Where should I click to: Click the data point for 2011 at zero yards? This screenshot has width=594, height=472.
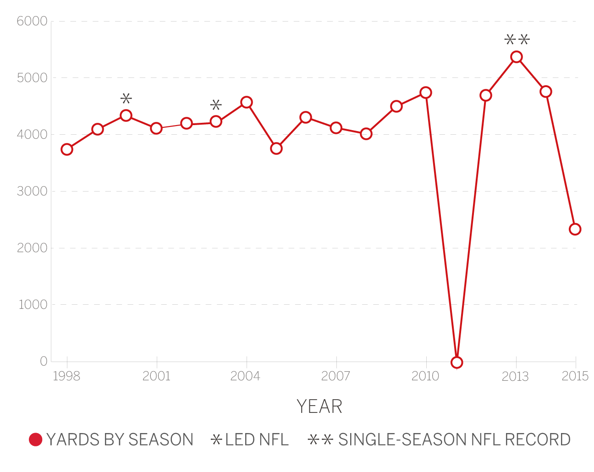point(456,362)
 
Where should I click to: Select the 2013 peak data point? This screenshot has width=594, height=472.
point(517,57)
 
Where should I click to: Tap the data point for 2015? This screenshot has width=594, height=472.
point(575,229)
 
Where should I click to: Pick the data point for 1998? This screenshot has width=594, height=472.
point(67,149)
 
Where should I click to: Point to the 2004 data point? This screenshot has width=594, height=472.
point(247,102)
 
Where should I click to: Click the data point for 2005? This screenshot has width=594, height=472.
point(276,148)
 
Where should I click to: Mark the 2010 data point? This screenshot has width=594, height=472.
point(426,93)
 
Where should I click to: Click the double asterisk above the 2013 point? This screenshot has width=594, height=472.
point(517,40)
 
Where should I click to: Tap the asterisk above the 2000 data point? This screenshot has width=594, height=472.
point(126,99)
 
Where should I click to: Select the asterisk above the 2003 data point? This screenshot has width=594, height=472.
point(216,105)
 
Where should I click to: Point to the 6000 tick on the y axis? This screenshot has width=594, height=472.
point(32,22)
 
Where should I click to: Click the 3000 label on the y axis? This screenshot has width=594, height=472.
point(32,192)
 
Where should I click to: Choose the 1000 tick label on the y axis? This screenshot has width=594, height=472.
point(33,305)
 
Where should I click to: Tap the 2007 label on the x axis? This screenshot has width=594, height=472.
point(336,377)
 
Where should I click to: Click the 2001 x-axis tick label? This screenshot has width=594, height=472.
point(156,377)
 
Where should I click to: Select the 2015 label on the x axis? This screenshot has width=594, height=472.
point(575,377)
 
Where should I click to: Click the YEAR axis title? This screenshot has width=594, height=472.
point(319,406)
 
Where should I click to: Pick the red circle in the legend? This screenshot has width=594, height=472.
point(36,439)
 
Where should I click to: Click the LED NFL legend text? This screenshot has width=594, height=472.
point(257,439)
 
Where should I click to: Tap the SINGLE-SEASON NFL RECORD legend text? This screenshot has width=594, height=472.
point(454,439)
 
